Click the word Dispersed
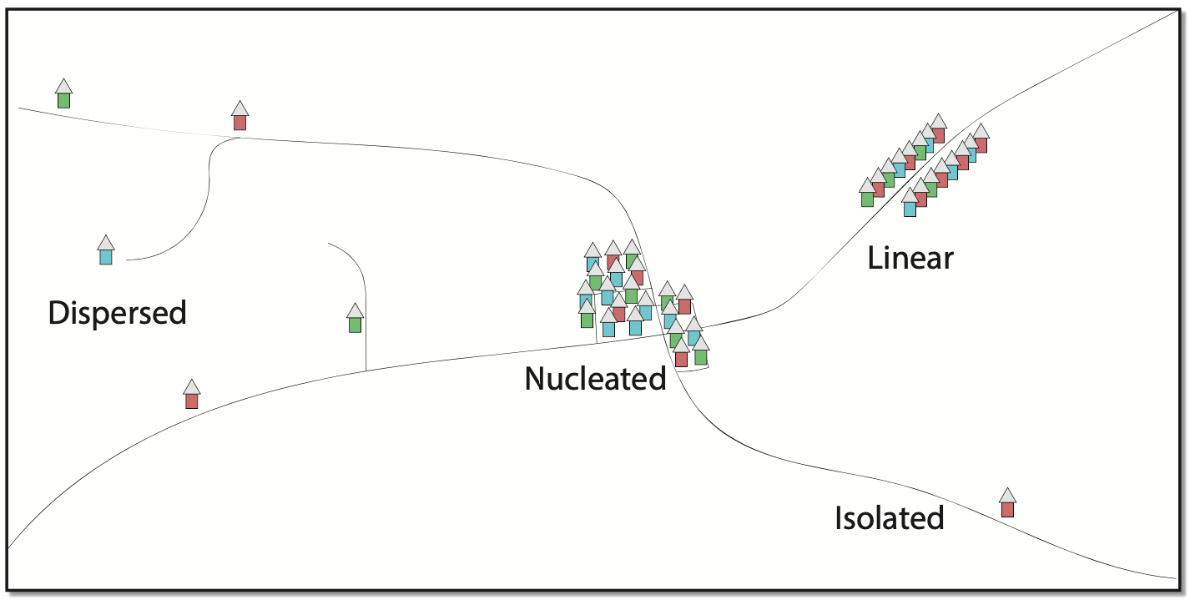[117, 313]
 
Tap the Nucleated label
[595, 379]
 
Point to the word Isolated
[889, 518]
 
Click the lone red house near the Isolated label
[1007, 508]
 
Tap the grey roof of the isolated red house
[1007, 495]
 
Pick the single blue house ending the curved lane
[105, 256]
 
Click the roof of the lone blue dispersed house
[105, 243]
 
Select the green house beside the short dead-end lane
[355, 324]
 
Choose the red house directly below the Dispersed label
[191, 400]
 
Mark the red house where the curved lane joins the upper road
[240, 122]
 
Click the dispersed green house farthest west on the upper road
[63, 99]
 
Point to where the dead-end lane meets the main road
[366, 370]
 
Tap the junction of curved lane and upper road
[240, 138]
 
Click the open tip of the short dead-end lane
[329, 244]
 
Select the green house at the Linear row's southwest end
[867, 199]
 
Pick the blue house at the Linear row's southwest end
[910, 208]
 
